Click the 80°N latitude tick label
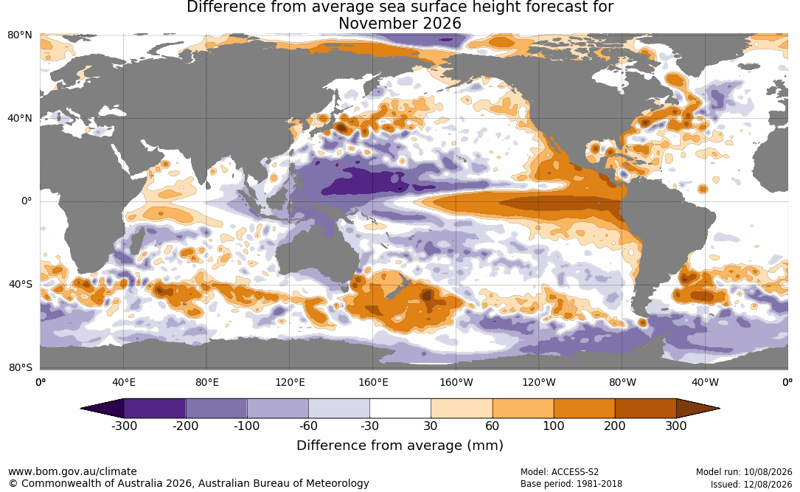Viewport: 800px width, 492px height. click(20, 35)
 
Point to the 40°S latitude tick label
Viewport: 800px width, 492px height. click(21, 284)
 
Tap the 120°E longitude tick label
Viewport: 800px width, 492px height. click(290, 382)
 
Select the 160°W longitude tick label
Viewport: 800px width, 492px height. click(456, 382)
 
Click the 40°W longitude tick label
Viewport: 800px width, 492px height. click(705, 382)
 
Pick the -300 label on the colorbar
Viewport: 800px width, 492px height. click(124, 426)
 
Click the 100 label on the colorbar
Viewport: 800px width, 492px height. click(554, 426)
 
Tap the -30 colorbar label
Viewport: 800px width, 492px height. click(369, 426)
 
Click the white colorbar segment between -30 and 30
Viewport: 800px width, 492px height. click(400, 409)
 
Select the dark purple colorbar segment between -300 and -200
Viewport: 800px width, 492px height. click(155, 409)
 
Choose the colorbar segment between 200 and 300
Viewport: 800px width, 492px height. click(645, 409)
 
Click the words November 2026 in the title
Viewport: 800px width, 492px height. click(400, 24)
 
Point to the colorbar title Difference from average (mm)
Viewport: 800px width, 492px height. click(400, 445)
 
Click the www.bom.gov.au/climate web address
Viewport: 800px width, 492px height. click(72, 471)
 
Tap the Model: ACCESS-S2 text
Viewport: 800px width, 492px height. click(559, 472)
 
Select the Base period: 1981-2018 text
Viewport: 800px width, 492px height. click(571, 484)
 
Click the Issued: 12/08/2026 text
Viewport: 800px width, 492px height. click(751, 484)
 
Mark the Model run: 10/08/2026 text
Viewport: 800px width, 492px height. click(744, 472)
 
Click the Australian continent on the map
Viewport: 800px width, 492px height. click(316, 255)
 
